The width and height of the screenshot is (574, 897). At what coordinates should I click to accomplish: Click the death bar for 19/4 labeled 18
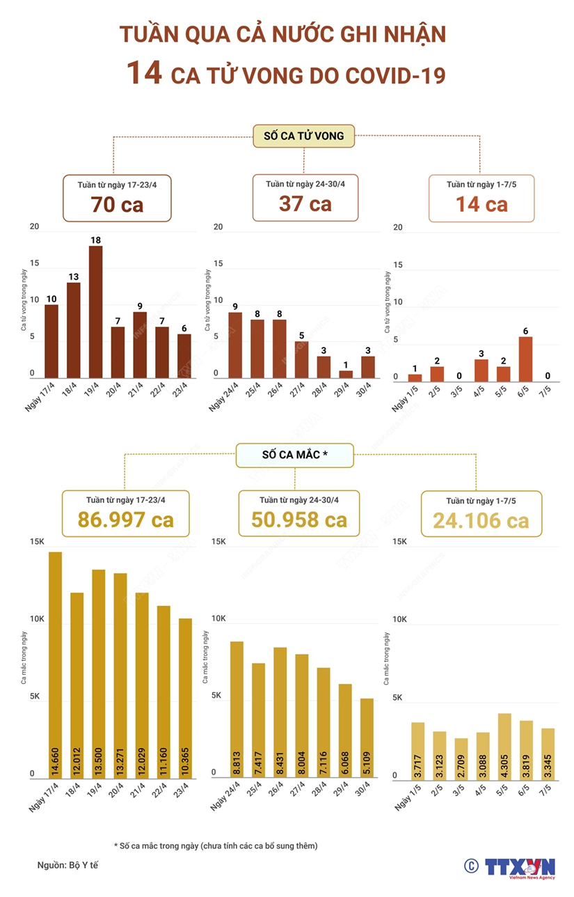95,312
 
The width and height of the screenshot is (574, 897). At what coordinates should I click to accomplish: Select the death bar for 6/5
525,359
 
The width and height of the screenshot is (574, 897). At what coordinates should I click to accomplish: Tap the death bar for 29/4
346,374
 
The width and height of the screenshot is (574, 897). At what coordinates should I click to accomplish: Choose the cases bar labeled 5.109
367,738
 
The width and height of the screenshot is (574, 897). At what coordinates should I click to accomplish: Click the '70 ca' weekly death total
117,204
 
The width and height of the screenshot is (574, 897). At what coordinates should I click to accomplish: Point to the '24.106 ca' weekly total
481,520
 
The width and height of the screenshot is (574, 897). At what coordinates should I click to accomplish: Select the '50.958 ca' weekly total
300,520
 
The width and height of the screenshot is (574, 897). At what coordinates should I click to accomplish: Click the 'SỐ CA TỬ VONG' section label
303,136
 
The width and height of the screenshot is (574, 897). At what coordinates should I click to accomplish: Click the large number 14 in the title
144,73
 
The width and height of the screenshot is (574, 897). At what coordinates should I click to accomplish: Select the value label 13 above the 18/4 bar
73,276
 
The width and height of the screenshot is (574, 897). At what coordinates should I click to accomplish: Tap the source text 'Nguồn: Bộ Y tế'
68,865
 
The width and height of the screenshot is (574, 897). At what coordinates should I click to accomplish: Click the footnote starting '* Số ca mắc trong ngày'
216,845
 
